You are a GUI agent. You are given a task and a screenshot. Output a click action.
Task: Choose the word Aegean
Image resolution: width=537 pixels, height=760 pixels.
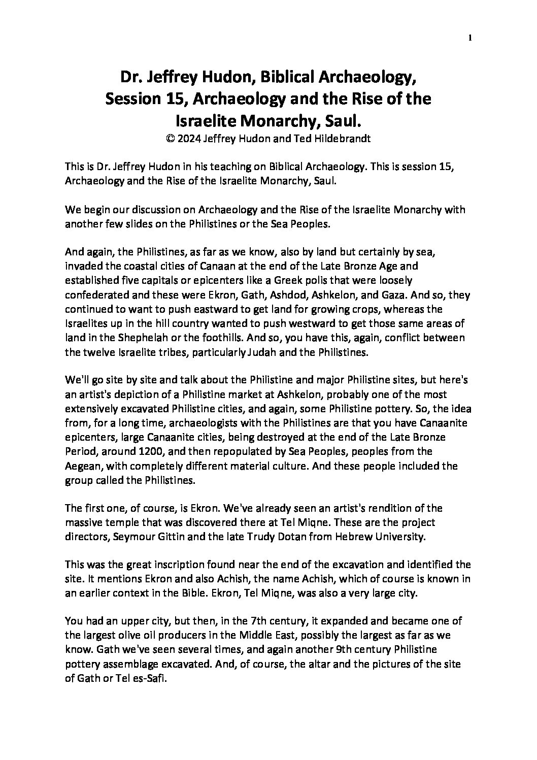point(82,466)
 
